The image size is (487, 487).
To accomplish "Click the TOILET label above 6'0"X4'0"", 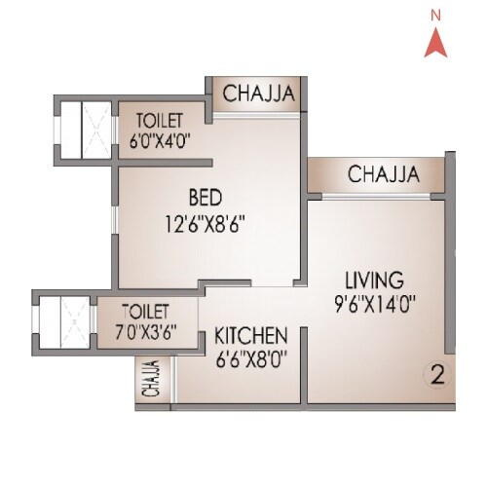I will click(160, 122).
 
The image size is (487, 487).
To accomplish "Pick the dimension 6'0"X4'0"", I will click(159, 140).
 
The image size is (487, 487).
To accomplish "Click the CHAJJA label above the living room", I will click(383, 175).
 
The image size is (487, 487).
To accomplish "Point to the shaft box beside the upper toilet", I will click(84, 127).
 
